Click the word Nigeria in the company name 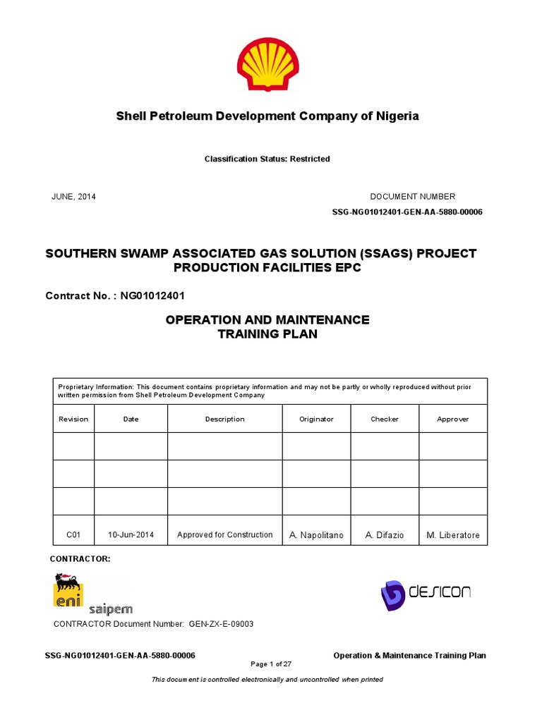(x=395, y=116)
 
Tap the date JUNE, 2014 (x=73, y=197)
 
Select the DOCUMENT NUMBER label (x=413, y=197)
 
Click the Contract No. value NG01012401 (x=153, y=296)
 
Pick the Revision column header (x=73, y=419)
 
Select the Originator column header (x=316, y=419)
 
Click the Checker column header (x=385, y=419)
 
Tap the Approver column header (x=453, y=419)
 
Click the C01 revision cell (x=73, y=535)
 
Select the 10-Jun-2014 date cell (x=131, y=535)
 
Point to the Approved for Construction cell (x=224, y=535)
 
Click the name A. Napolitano (x=316, y=536)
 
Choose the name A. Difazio (x=385, y=536)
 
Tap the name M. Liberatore (x=453, y=536)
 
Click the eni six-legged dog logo (x=68, y=589)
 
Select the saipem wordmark (x=110, y=608)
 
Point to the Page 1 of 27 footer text (x=271, y=664)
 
